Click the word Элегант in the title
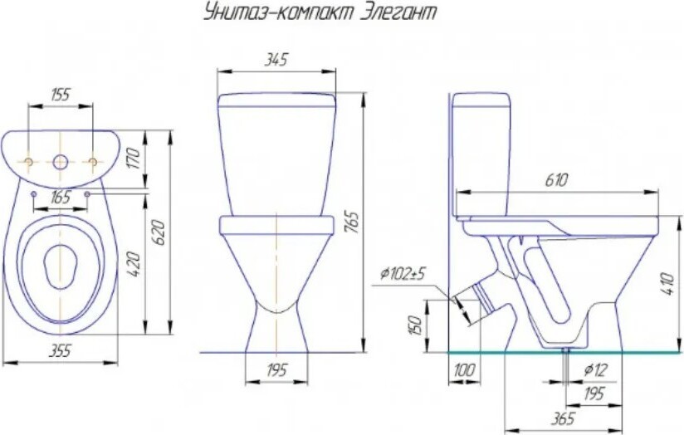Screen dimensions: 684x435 coord(398,13)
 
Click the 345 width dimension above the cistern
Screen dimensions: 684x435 coord(276,60)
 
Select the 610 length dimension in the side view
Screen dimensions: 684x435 coord(556,180)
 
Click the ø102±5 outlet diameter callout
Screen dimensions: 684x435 coord(403,274)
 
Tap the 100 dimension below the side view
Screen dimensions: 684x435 coord(464,370)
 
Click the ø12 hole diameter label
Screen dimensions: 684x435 coord(595,370)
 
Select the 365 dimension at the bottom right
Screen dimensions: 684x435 coord(563,418)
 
